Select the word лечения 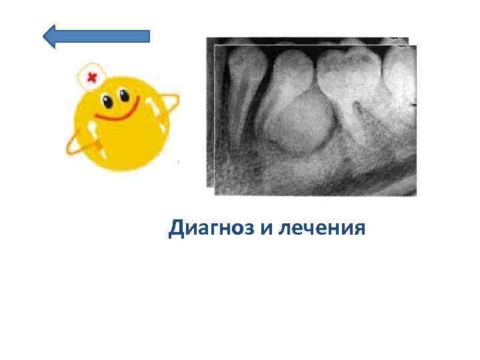pos(322,229)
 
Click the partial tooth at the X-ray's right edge pos(403,73)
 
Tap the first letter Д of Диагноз pos(177,229)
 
